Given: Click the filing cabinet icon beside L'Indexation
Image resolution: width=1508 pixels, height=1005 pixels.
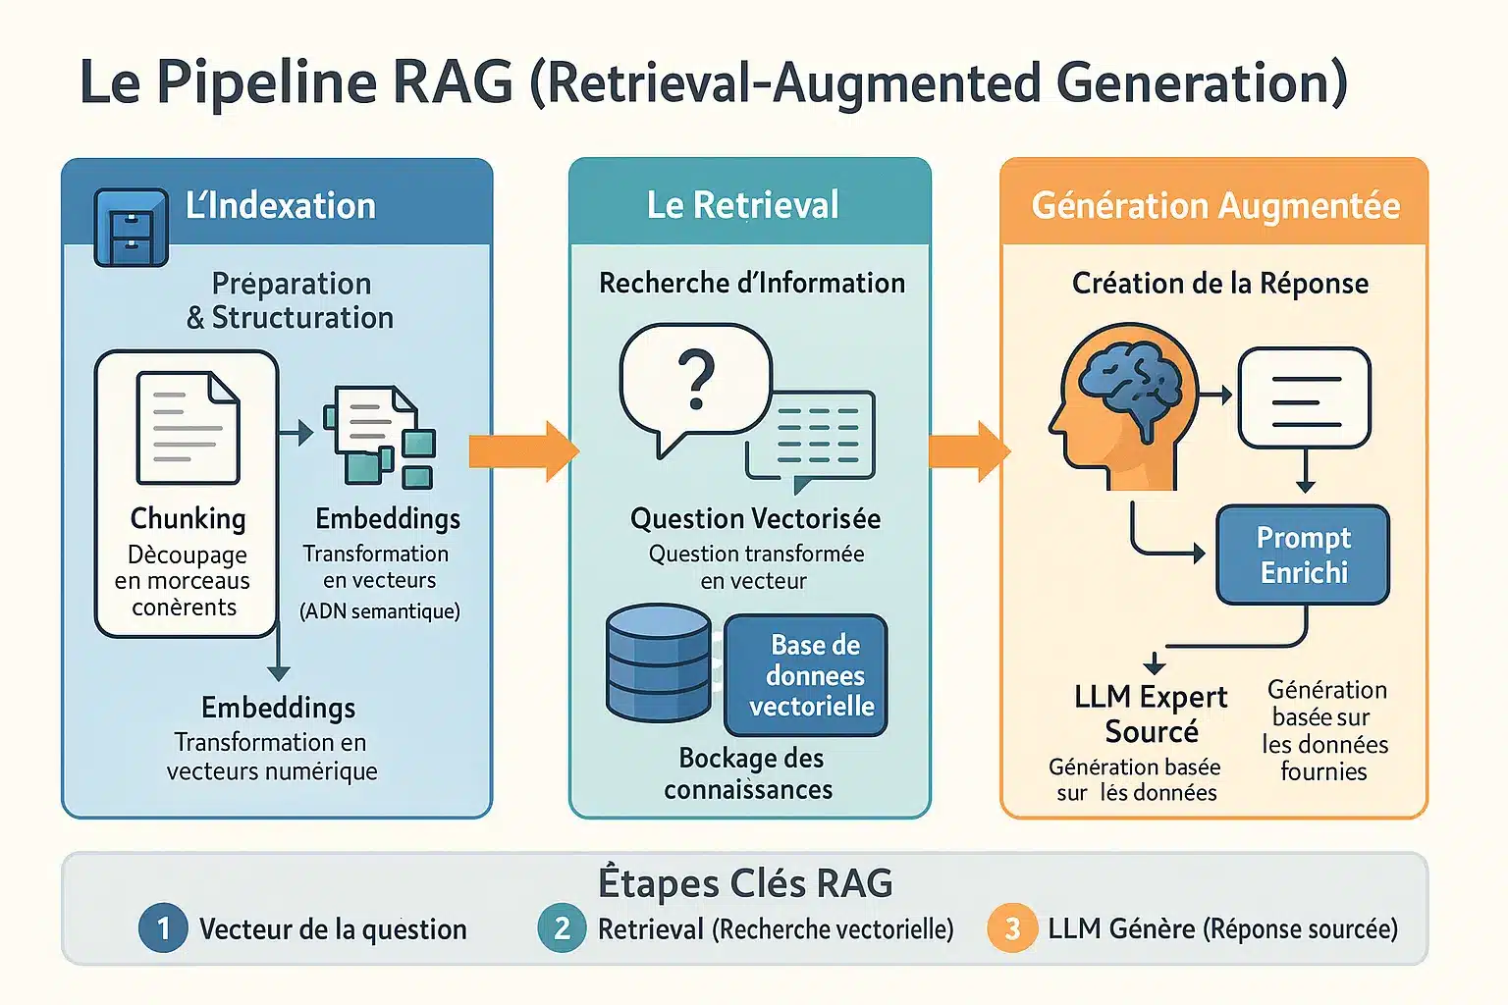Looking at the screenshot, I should [x=131, y=227].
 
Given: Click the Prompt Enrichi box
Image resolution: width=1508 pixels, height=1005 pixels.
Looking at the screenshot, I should [x=1303, y=555].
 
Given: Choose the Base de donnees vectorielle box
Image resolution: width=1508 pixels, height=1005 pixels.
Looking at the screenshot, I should [x=806, y=675].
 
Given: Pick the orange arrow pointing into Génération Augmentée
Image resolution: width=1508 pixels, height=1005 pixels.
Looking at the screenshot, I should [x=968, y=450].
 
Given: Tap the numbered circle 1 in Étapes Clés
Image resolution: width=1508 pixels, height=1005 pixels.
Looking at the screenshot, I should [x=163, y=927].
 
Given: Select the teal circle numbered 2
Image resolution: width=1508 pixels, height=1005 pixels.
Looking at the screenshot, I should [x=562, y=927].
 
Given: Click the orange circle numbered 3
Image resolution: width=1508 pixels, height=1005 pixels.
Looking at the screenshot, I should [x=1012, y=927].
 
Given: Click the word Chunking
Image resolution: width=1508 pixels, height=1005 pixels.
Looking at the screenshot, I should [x=188, y=518].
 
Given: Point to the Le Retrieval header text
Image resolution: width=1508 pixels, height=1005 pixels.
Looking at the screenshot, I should [x=742, y=205].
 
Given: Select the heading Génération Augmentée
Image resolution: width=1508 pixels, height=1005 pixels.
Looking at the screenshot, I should [x=1215, y=205].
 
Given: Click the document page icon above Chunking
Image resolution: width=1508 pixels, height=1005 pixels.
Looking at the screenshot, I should [x=188, y=428].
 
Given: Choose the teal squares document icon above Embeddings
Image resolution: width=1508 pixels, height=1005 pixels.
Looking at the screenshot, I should [x=380, y=436].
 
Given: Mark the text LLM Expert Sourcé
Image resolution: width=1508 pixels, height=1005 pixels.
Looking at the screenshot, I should [x=1150, y=714].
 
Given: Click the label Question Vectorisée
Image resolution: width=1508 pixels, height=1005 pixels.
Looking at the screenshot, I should [x=755, y=518].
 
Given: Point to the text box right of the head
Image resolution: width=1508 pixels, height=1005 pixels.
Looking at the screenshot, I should [x=1305, y=397].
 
